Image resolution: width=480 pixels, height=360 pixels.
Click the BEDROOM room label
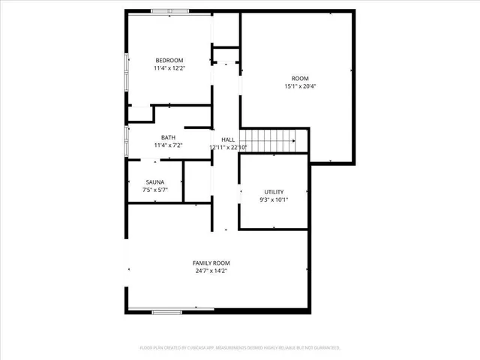pyautogui.click(x=168, y=61)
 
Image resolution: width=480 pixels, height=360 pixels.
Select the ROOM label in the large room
pyautogui.click(x=299, y=78)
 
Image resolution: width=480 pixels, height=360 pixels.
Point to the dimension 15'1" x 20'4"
pyautogui.click(x=299, y=86)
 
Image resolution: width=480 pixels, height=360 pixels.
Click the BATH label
pyautogui.click(x=168, y=137)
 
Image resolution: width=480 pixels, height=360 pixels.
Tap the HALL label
pyautogui.click(x=228, y=139)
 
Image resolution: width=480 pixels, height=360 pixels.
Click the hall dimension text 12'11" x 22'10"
pyautogui.click(x=228, y=148)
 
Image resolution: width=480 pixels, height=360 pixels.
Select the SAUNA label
pyautogui.click(x=156, y=182)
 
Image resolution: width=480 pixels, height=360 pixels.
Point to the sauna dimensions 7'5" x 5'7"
pyautogui.click(x=156, y=190)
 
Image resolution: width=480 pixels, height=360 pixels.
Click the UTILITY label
pyautogui.click(x=273, y=191)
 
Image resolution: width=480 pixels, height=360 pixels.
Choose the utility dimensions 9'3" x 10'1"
pyautogui.click(x=273, y=199)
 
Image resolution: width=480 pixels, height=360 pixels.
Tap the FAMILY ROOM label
pyautogui.click(x=211, y=262)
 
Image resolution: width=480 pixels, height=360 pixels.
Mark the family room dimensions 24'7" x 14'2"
pyautogui.click(x=211, y=271)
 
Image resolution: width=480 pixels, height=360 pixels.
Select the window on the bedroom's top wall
pyautogui.click(x=170, y=10)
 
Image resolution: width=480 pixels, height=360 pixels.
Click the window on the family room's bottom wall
pyautogui.click(x=168, y=311)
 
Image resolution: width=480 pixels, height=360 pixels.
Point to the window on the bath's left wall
pyautogui.click(x=126, y=140)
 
